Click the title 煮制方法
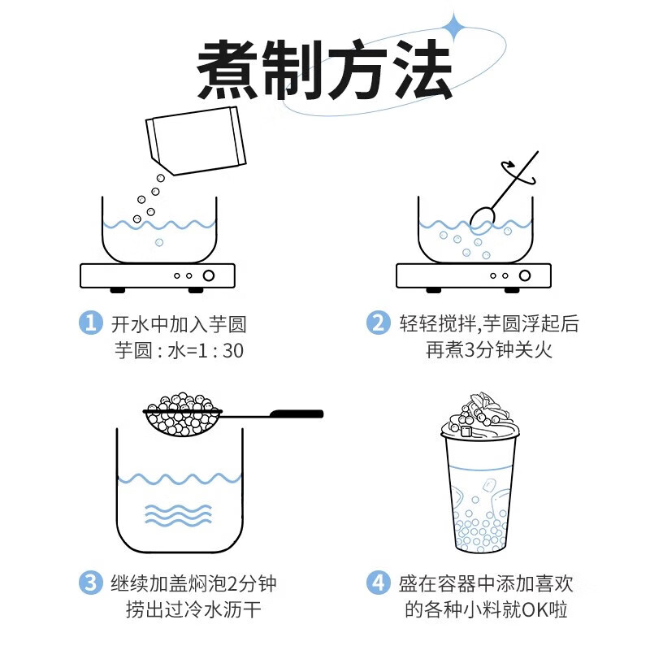pos(323,70)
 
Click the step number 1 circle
pos(90,323)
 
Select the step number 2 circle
pos(378,323)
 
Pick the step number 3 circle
pos(90,583)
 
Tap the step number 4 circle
pos(378,583)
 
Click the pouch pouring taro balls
pos(196,141)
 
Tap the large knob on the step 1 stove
pos(209,275)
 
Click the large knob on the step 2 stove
pos(525,275)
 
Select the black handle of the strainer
pos(297,414)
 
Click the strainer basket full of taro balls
pos(182,414)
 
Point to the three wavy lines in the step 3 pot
pos(178,516)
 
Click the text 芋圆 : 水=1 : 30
pos(179,351)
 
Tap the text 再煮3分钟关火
pos(489,350)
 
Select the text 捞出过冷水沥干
pos(193,610)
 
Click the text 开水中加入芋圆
pos(179,324)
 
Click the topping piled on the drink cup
pos(480,414)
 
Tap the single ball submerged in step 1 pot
pos(159,242)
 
